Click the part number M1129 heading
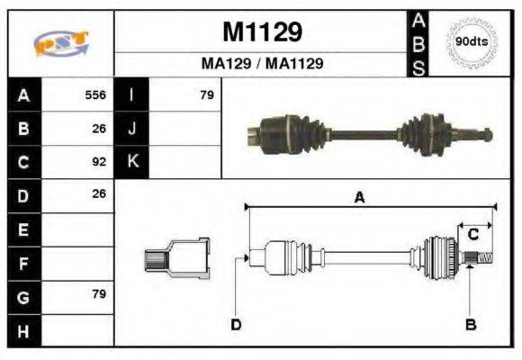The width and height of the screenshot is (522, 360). (261, 32)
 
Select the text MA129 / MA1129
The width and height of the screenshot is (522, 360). (261, 64)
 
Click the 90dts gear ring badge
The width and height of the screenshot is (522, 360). (472, 41)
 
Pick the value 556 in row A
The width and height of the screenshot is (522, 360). (95, 94)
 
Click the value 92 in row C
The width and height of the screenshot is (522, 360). (100, 162)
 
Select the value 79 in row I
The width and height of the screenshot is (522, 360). (206, 94)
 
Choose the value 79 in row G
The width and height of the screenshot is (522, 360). (100, 294)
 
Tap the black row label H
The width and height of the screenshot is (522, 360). (22, 330)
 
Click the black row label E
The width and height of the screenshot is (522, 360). (22, 229)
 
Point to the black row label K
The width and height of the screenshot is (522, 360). (133, 162)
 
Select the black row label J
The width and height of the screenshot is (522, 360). (133, 128)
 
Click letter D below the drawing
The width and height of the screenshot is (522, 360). (236, 324)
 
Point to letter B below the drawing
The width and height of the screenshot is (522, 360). (469, 324)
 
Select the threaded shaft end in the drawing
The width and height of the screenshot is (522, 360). (480, 259)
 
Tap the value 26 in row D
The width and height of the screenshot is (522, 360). (100, 194)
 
